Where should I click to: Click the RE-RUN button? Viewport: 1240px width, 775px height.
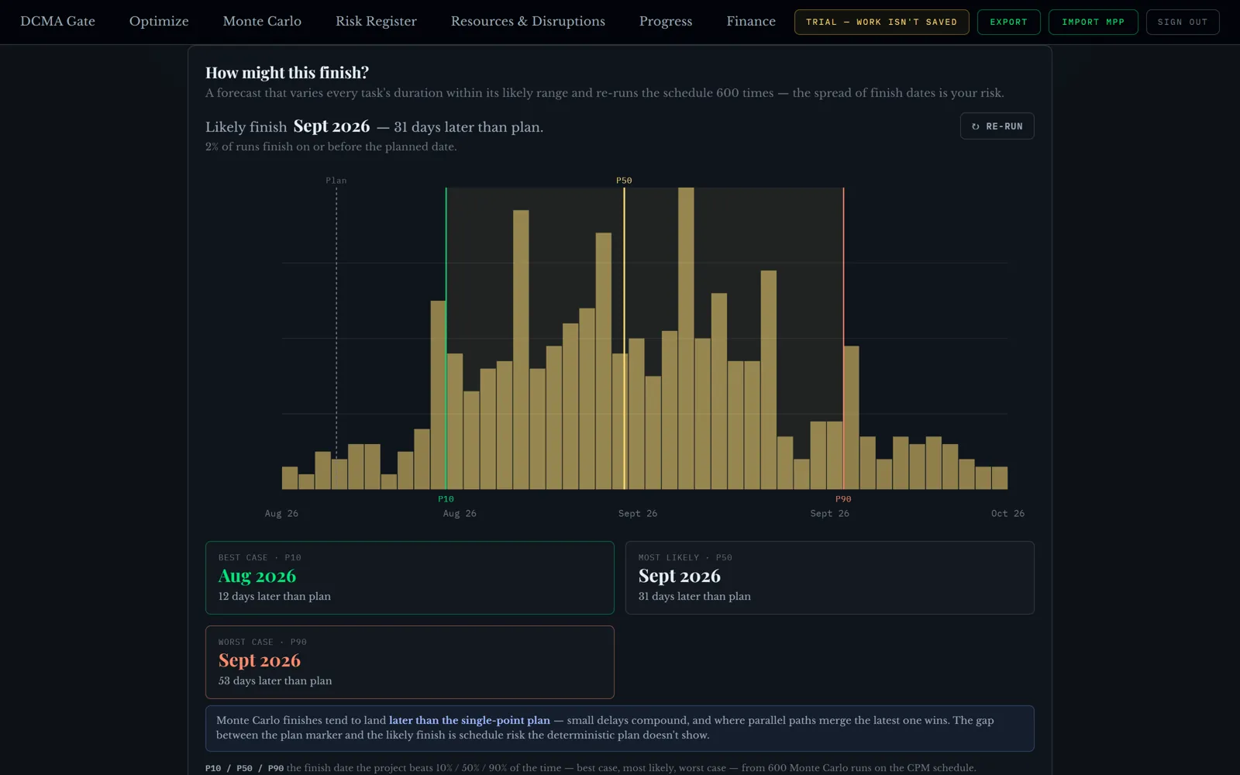[997, 126]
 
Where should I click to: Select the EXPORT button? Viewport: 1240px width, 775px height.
[1008, 22]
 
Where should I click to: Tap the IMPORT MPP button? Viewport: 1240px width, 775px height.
[1094, 22]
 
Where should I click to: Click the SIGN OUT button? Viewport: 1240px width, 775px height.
[1183, 22]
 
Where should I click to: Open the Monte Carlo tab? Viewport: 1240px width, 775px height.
[262, 22]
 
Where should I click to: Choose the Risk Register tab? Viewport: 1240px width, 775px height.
[376, 22]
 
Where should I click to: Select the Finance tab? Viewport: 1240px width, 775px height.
[751, 22]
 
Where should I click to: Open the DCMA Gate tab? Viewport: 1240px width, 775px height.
[57, 22]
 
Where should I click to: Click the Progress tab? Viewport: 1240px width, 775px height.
[666, 22]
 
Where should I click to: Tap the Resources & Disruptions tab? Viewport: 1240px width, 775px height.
[528, 22]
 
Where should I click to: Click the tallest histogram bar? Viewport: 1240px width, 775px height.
[686, 338]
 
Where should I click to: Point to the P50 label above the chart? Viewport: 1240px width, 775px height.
[624, 181]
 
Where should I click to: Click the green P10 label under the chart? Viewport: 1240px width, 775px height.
[446, 499]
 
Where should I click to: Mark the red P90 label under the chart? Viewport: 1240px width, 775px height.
[843, 499]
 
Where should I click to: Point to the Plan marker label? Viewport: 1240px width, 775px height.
[336, 181]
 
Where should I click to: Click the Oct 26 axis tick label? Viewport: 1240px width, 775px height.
[1007, 514]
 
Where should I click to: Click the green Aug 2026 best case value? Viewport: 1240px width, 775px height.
[257, 577]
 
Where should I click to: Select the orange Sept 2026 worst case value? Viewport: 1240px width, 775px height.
[259, 660]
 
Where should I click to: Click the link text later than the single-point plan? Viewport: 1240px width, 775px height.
[470, 720]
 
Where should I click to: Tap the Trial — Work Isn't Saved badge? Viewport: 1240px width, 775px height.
[881, 22]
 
